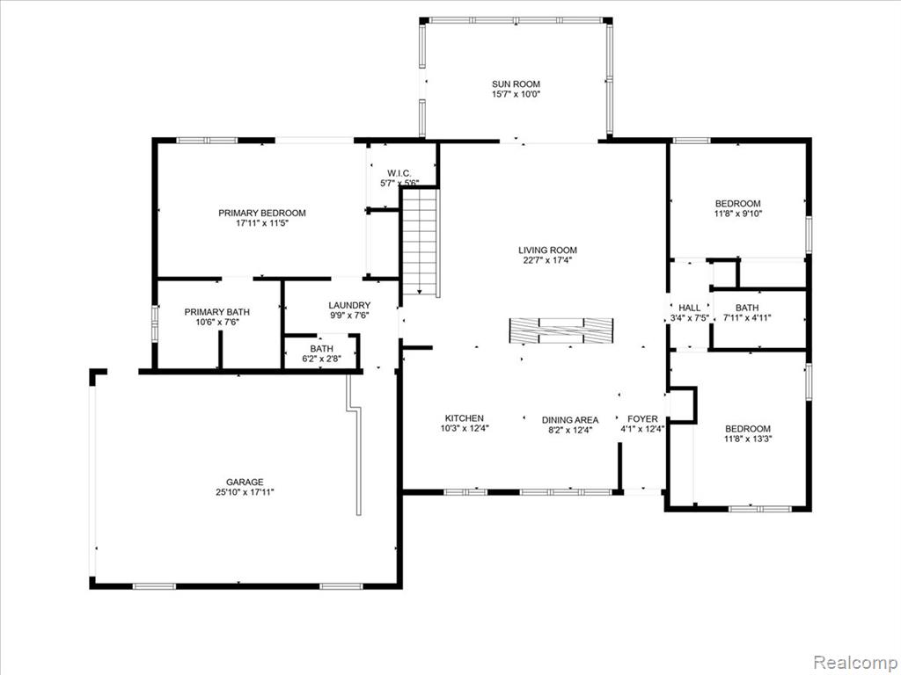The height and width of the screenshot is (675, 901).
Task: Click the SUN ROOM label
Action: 516,83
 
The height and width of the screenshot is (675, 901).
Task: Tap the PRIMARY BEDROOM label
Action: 262,213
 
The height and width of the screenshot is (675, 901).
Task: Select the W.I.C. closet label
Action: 399,173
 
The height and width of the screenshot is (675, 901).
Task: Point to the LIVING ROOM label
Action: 547,250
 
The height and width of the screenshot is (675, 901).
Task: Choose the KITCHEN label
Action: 465,417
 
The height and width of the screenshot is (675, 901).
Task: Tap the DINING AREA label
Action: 570,420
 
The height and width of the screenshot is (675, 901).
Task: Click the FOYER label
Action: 642,419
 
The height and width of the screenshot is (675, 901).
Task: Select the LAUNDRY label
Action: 349,305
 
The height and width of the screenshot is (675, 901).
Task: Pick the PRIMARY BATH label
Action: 217,312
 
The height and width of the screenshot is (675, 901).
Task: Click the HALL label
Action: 690,308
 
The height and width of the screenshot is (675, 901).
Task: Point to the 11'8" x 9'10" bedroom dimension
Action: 738,214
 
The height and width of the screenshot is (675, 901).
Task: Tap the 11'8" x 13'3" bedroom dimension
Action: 748,439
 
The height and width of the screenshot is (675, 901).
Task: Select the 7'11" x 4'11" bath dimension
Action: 747,317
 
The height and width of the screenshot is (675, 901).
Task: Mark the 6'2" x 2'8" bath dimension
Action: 322,359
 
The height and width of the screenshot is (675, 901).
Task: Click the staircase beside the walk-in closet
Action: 421,243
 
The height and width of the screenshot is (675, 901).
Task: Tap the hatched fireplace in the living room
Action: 561,331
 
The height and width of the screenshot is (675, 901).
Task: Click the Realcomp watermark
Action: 854,662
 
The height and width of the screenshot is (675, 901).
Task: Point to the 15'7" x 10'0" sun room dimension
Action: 516,94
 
